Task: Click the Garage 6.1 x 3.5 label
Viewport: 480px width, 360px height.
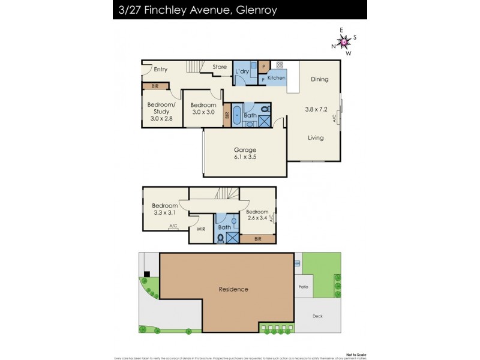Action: [245, 154]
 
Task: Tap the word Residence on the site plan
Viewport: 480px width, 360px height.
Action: [233, 289]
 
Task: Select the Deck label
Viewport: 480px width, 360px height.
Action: [317, 316]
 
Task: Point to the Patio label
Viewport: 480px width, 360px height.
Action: [304, 287]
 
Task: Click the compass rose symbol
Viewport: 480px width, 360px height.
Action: [344, 41]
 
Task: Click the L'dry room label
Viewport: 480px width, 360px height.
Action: [242, 72]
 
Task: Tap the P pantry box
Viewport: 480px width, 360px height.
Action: [263, 67]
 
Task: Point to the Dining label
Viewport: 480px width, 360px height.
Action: [320, 79]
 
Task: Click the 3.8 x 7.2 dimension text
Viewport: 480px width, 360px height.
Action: [317, 109]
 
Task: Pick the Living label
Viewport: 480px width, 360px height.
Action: [316, 138]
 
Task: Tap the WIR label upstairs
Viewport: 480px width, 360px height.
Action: [201, 229]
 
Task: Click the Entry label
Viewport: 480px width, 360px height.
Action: [160, 70]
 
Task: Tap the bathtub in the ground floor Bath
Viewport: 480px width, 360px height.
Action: [236, 115]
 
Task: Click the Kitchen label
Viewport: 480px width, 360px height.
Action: [277, 78]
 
